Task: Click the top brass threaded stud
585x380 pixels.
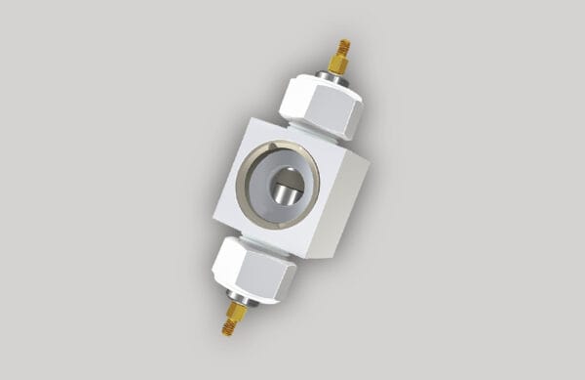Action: pos(340,56)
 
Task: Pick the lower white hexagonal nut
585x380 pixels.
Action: pos(253,268)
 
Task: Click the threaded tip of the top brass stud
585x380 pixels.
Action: pos(344,46)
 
